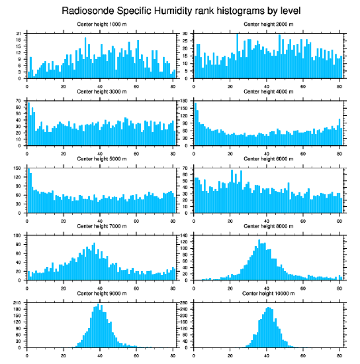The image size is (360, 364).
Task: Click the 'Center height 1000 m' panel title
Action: coord(101,24)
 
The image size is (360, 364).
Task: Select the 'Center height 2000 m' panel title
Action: coord(268,24)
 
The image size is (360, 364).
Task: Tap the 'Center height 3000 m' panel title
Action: coord(101,91)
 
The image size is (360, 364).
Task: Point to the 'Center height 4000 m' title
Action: coord(268,91)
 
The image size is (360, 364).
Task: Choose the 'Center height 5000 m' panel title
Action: coord(101,159)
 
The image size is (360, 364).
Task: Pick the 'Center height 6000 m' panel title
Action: coord(268,159)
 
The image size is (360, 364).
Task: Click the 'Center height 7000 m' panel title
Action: coord(101,226)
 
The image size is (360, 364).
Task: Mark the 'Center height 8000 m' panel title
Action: coord(268,226)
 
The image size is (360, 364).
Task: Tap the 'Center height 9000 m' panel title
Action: coord(101,293)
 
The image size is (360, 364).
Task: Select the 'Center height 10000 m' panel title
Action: coord(268,293)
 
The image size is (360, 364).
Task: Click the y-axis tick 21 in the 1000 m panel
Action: coord(19,34)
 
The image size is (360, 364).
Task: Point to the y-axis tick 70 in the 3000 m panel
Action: coord(19,101)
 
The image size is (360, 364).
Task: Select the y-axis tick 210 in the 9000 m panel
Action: coord(18,303)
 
